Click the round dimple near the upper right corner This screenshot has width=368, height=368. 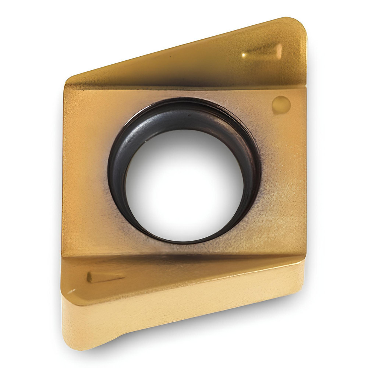pos(281,105)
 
